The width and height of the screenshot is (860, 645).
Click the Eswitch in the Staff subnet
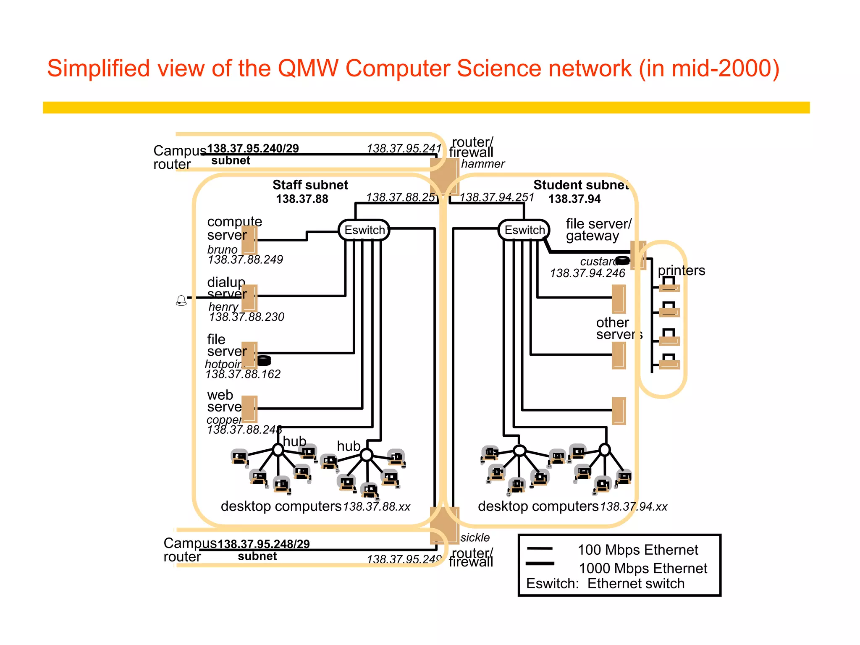(364, 230)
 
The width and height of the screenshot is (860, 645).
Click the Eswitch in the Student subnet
(524, 230)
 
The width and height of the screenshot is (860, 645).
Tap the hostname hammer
(482, 164)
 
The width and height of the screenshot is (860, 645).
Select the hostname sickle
(475, 537)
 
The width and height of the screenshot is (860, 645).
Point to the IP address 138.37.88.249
(245, 260)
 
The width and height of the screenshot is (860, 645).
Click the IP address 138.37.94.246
(587, 273)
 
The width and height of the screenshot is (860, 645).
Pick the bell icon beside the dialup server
(181, 300)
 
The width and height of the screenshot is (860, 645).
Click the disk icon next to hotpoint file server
(264, 360)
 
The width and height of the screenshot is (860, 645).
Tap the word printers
(681, 270)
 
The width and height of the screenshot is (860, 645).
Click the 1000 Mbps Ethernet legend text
(642, 568)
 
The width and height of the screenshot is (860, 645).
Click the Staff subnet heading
(310, 185)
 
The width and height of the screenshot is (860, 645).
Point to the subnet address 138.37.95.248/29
(264, 544)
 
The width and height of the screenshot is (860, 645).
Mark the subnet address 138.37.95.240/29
(253, 149)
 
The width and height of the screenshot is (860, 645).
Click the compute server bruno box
(249, 240)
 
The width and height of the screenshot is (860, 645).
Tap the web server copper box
(249, 409)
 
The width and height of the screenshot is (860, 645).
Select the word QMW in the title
(308, 68)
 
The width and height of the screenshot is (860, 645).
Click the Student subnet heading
(581, 185)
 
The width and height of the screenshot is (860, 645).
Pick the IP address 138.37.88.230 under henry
(246, 317)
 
